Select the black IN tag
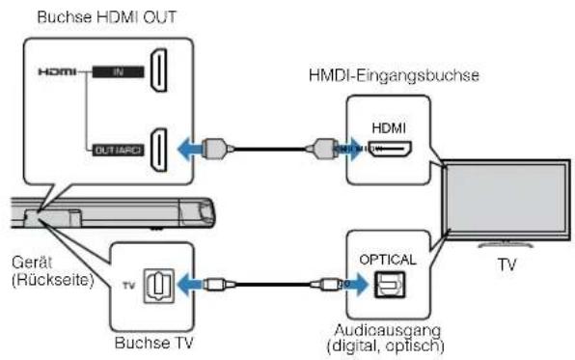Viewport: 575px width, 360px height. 115,71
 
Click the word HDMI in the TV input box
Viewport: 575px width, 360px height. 392,127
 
